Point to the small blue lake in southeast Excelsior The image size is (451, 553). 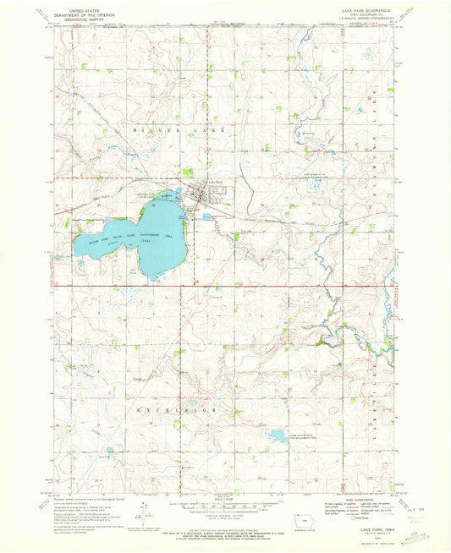(276, 437)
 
